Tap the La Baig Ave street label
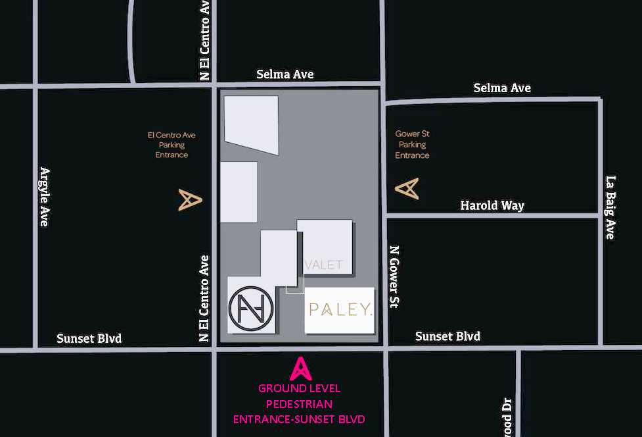610,207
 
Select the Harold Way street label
492,206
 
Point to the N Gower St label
394,276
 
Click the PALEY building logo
340,309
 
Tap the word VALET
324,265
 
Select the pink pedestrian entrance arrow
300,369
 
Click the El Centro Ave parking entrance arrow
189,200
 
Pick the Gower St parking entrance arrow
407,189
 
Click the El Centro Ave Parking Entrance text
172,145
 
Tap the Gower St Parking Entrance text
412,145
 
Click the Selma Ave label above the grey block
285,74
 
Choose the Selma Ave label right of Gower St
502,88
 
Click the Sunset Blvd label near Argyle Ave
89,339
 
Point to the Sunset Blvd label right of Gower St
447,336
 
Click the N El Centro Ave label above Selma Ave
205,41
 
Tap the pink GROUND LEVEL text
300,389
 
